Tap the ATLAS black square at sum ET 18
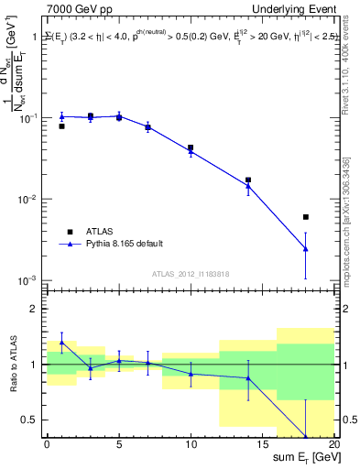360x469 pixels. click(x=306, y=217)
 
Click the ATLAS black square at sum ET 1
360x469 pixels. click(x=61, y=126)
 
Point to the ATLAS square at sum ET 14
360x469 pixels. click(x=248, y=180)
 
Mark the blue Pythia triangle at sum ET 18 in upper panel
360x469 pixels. click(x=306, y=249)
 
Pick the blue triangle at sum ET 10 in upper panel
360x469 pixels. click(x=191, y=151)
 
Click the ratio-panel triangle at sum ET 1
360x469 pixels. click(x=61, y=343)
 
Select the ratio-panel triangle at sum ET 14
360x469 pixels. click(x=248, y=378)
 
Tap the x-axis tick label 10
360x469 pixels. click(x=191, y=444)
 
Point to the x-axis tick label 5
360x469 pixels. click(x=119, y=444)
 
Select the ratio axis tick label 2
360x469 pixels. click(x=38, y=309)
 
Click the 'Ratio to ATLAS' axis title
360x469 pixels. click(x=13, y=363)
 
